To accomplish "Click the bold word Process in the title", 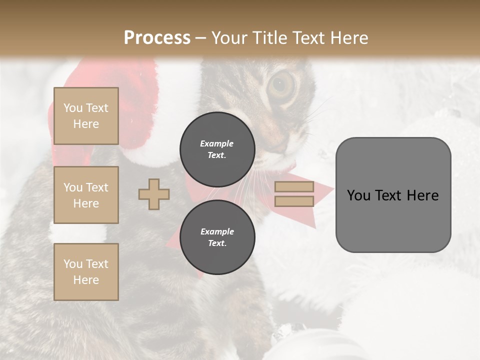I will pyautogui.click(x=157, y=38).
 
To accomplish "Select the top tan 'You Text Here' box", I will pyautogui.click(x=86, y=116).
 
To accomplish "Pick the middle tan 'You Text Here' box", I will pyautogui.click(x=86, y=195).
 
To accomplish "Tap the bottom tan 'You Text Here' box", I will pyautogui.click(x=86, y=272).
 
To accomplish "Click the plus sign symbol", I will pyautogui.click(x=154, y=194).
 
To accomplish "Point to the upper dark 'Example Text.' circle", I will pyautogui.click(x=217, y=149).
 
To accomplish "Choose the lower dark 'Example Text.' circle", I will pyautogui.click(x=217, y=237).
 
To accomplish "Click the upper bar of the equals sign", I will pyautogui.click(x=294, y=186).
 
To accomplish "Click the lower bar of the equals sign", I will pyautogui.click(x=294, y=201).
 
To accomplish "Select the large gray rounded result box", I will pyautogui.click(x=393, y=195).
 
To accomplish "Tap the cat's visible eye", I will pyautogui.click(x=282, y=86).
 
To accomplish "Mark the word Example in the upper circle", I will pyautogui.click(x=217, y=143).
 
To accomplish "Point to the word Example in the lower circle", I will pyautogui.click(x=217, y=231).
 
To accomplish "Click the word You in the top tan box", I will pyautogui.click(x=73, y=108).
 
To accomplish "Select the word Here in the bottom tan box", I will pyautogui.click(x=86, y=280).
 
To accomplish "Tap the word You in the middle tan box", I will pyautogui.click(x=73, y=187).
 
